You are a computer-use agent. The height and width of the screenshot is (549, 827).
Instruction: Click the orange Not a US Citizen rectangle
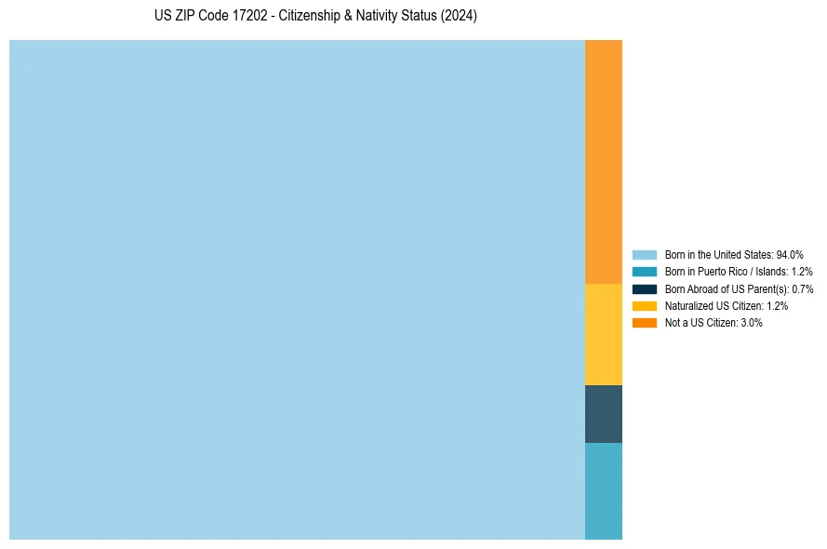[603, 161]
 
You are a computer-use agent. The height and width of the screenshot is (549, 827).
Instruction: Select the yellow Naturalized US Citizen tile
[603, 334]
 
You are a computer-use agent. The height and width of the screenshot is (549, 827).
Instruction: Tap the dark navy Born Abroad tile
[603, 414]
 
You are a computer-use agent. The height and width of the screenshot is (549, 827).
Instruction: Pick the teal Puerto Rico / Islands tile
[603, 490]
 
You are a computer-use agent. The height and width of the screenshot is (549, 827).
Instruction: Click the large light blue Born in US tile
[297, 289]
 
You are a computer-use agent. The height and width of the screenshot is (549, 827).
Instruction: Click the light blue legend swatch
[644, 254]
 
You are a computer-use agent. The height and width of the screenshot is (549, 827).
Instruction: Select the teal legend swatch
[644, 272]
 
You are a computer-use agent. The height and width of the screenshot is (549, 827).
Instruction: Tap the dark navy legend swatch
[644, 288]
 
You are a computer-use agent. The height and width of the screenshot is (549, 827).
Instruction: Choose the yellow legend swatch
[644, 305]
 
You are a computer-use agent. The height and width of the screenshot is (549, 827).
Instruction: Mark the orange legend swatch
[644, 323]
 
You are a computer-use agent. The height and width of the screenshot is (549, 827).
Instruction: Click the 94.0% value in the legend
[790, 254]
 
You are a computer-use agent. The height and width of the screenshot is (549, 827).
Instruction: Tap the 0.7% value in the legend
[803, 288]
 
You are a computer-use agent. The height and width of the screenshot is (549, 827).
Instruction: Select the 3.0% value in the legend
[752, 323]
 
